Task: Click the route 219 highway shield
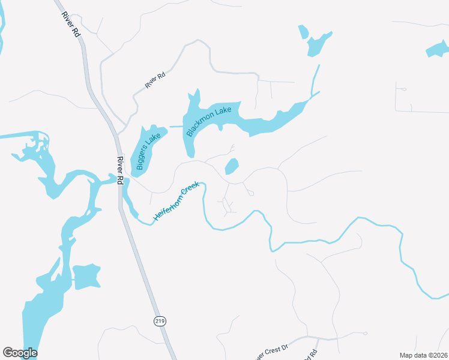[160, 321]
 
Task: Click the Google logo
[20, 353]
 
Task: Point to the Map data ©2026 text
[423, 355]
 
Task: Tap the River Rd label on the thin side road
[155, 79]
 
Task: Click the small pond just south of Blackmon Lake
[231, 166]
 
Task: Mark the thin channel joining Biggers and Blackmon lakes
[175, 127]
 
